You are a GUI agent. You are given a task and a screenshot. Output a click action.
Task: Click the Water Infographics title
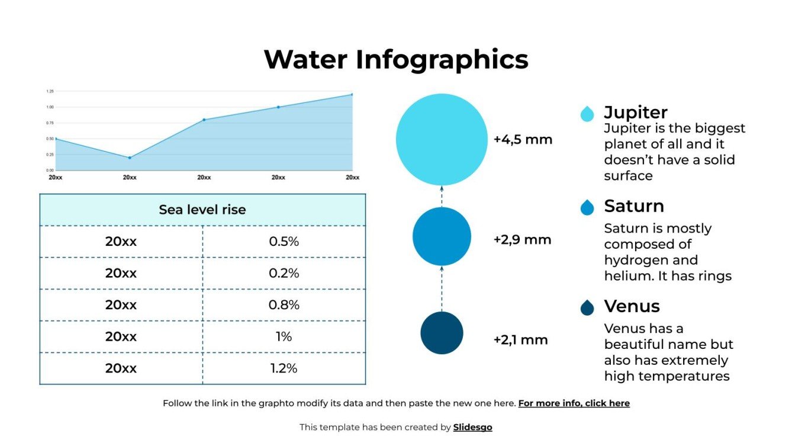coord(395,60)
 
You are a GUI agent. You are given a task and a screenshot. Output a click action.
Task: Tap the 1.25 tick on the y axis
coord(50,91)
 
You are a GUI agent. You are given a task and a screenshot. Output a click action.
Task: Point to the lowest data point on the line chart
coord(130,158)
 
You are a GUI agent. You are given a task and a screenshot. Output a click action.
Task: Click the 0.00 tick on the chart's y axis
coord(50,171)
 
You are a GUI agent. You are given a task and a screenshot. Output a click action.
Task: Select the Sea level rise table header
coord(202,210)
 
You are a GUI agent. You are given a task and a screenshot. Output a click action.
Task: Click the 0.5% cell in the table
coord(284,242)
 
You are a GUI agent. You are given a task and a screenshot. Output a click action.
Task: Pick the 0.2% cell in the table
coord(284,273)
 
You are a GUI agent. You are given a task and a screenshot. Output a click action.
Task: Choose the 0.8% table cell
coord(284,305)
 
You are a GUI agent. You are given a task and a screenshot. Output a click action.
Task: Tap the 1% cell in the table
coord(284,336)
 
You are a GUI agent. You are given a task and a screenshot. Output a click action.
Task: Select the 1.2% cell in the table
coord(284,368)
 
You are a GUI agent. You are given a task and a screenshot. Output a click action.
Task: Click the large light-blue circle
coord(442,139)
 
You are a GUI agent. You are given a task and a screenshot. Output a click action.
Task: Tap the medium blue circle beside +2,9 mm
coord(442,236)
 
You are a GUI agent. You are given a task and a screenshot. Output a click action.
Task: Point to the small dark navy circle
coord(442,333)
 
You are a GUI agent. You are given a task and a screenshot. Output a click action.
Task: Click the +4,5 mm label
coord(523,140)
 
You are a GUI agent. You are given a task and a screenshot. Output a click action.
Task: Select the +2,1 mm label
coord(520,340)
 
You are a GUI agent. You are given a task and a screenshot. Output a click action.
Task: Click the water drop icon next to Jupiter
coord(587,114)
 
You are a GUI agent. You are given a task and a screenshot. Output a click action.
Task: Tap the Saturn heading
coord(634,206)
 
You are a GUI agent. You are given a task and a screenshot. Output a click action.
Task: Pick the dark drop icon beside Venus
coord(587,307)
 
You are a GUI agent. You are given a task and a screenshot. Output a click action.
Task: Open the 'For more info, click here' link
coord(574,403)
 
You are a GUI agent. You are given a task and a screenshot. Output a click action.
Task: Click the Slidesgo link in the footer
coord(472,427)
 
